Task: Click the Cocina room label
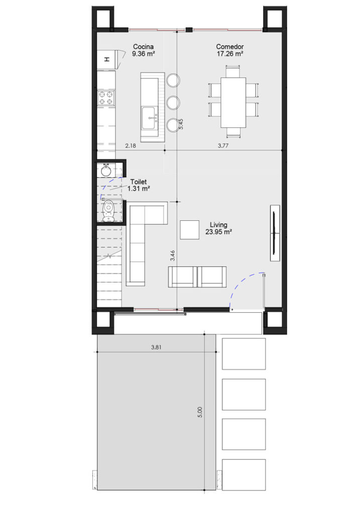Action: (x=143, y=47)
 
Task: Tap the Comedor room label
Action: (x=230, y=47)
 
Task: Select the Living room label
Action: (x=219, y=225)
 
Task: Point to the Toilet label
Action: (x=139, y=182)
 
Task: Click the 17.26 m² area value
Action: (x=230, y=54)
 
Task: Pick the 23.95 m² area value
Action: (x=219, y=232)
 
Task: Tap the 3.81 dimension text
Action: (x=156, y=347)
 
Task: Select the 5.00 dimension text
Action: (x=200, y=412)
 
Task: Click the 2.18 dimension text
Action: (x=131, y=146)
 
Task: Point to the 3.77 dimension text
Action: (x=223, y=146)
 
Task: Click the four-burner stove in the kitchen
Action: (x=106, y=98)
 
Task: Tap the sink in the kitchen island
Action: (x=149, y=118)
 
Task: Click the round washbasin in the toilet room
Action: (x=106, y=171)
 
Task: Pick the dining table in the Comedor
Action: (x=233, y=102)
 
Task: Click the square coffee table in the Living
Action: (x=189, y=230)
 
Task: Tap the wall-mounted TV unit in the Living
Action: (x=275, y=233)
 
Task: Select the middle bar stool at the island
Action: (x=173, y=102)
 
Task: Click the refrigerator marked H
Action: (x=106, y=60)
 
